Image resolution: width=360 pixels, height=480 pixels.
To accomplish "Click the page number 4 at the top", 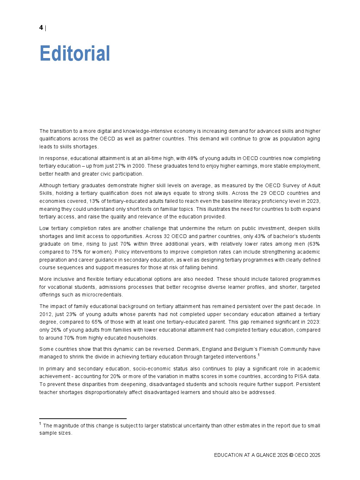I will tap(41, 28).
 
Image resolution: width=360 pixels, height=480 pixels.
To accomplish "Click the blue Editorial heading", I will tap(75, 54).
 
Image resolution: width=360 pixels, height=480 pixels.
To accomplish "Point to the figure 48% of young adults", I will tap(192, 158).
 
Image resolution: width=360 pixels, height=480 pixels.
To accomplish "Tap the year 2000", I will tap(139, 166).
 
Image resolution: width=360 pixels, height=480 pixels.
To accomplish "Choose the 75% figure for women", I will tap(77, 252).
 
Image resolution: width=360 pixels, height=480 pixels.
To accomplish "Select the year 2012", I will tap(46, 314).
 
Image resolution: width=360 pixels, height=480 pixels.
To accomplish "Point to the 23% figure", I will tap(71, 314).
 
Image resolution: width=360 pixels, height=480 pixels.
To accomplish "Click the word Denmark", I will tap(188, 349).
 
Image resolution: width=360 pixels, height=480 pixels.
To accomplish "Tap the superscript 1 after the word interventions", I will tap(258, 355).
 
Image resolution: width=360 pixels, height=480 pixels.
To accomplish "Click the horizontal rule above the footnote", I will tap(83, 419).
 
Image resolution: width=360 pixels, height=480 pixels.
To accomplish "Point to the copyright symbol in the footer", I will tap(291, 455).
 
